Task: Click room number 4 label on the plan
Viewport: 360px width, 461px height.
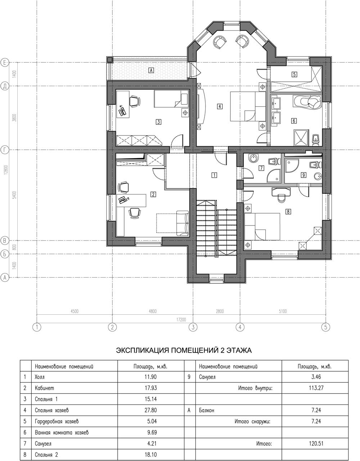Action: (220, 106)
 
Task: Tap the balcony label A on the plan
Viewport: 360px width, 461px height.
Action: (151, 70)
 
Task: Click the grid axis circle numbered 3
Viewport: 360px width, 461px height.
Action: (193, 327)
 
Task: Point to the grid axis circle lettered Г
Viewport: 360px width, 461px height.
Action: (5, 150)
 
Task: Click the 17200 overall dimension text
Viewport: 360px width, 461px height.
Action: (181, 319)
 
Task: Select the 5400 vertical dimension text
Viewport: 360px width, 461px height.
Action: (14, 195)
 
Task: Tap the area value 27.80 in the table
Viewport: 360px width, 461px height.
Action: (150, 410)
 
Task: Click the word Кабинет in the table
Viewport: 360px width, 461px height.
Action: (44, 388)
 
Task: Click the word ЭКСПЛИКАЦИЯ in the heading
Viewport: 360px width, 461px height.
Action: (143, 350)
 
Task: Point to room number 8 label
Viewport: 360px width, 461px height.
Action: (288, 211)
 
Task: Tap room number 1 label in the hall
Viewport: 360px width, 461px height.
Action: (214, 175)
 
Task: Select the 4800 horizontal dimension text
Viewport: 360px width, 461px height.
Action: (152, 311)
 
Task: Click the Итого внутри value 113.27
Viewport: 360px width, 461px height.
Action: (316, 388)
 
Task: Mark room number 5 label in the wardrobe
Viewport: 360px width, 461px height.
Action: (294, 75)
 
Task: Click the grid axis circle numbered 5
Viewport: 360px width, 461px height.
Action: (326, 327)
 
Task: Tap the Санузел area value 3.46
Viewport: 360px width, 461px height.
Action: (316, 377)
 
